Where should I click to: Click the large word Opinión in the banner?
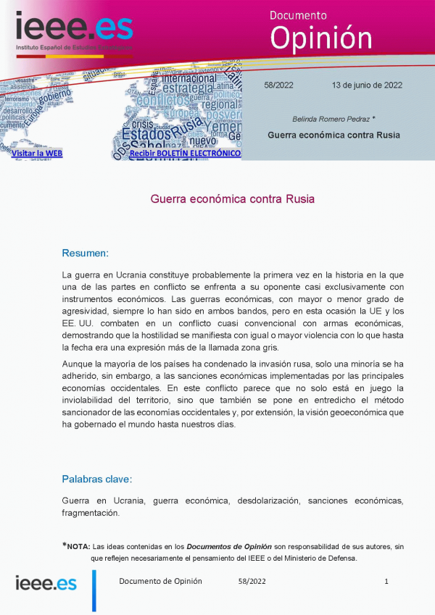(x=320, y=38)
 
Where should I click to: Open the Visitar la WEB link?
(x=37, y=154)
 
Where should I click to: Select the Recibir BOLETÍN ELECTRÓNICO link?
(x=185, y=154)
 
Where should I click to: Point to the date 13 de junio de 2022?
(x=367, y=85)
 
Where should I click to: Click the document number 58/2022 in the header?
(x=279, y=85)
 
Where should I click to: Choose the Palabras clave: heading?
(x=96, y=479)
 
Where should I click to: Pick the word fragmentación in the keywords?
(x=91, y=513)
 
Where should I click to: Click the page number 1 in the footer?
(x=386, y=582)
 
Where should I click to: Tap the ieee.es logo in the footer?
(x=46, y=584)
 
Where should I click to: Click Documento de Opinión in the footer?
(x=160, y=582)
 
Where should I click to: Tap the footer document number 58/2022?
(x=252, y=582)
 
